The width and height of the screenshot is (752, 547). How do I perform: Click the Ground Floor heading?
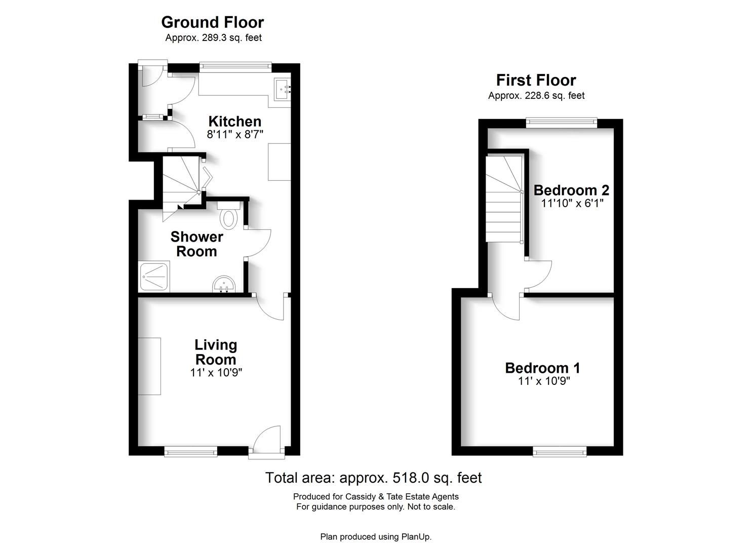pyautogui.click(x=212, y=22)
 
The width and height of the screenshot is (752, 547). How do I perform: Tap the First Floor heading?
pyautogui.click(x=536, y=80)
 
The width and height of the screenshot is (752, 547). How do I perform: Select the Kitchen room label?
pyautogui.click(x=235, y=122)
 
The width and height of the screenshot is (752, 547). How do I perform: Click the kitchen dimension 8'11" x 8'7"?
pyautogui.click(x=235, y=135)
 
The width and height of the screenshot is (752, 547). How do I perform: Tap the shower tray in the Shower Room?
pyautogui.click(x=154, y=277)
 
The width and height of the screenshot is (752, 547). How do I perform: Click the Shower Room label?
pyautogui.click(x=196, y=244)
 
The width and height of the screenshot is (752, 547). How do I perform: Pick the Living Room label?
pyautogui.click(x=216, y=352)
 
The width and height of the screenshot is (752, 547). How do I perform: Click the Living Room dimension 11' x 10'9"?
pyautogui.click(x=216, y=373)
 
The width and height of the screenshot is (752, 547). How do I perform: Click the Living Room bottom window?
pyautogui.click(x=191, y=451)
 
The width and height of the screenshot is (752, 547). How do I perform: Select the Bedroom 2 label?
pyautogui.click(x=571, y=190)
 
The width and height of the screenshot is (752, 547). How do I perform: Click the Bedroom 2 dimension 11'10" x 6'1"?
pyautogui.click(x=572, y=204)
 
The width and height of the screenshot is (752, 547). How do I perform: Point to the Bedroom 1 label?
pyautogui.click(x=542, y=368)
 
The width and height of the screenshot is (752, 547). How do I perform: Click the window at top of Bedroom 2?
pyautogui.click(x=561, y=122)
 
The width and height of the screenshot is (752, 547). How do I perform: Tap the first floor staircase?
pyautogui.click(x=503, y=200)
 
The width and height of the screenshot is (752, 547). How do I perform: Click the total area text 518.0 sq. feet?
pyautogui.click(x=374, y=478)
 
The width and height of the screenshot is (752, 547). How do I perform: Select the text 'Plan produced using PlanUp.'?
pyautogui.click(x=376, y=537)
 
